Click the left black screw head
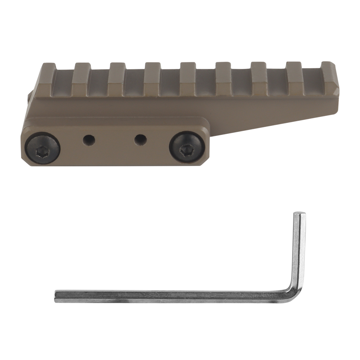42,148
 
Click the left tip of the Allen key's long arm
56,296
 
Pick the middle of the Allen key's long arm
173,296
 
